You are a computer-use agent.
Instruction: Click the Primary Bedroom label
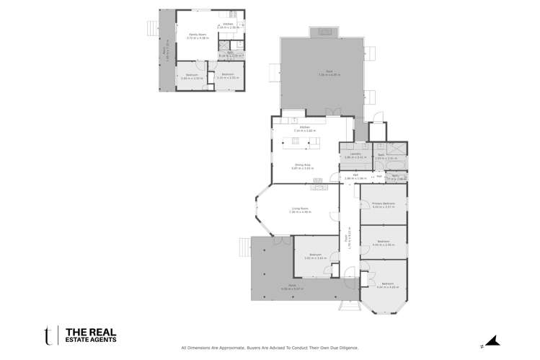click(383, 203)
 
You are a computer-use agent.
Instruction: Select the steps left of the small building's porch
click(151, 27)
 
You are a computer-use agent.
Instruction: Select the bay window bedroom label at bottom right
click(387, 284)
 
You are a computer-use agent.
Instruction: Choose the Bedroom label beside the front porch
click(315, 255)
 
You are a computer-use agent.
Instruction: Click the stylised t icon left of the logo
click(48, 334)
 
